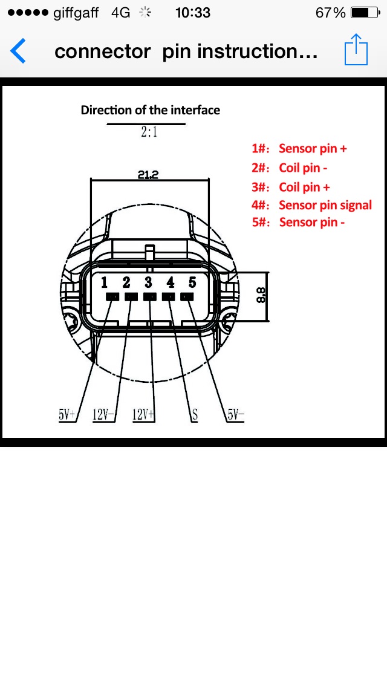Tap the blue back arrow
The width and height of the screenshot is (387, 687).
click(18, 51)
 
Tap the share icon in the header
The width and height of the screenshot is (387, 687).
click(356, 50)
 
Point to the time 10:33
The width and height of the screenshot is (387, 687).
click(192, 13)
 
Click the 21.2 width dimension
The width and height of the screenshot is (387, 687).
click(148, 175)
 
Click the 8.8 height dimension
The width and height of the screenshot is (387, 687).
click(261, 295)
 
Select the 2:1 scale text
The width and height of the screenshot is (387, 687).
click(149, 132)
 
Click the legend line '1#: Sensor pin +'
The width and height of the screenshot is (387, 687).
click(299, 149)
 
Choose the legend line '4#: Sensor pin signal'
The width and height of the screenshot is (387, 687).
click(311, 206)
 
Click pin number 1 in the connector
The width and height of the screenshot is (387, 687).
click(105, 282)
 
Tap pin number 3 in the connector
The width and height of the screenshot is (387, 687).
click(149, 282)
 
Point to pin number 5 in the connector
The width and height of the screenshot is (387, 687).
click(192, 282)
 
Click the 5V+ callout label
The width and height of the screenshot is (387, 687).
click(67, 414)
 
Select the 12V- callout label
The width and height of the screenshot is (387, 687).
click(103, 414)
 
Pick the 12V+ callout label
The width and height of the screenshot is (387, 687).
click(144, 414)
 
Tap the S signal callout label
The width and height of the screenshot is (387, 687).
click(195, 415)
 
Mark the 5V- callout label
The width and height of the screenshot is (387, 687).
click(235, 414)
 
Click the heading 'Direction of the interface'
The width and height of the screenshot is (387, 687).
click(150, 110)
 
